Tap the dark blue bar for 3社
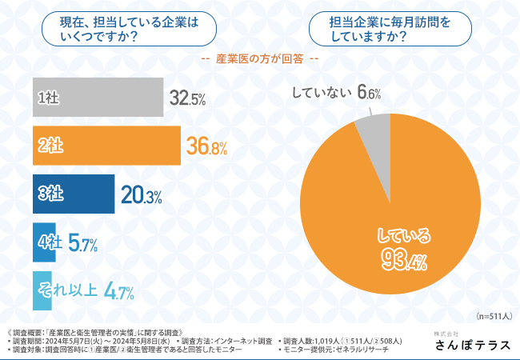(74, 193)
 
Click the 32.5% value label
(188, 99)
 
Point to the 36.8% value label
(207, 146)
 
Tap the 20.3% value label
(141, 194)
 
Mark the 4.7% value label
(119, 292)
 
